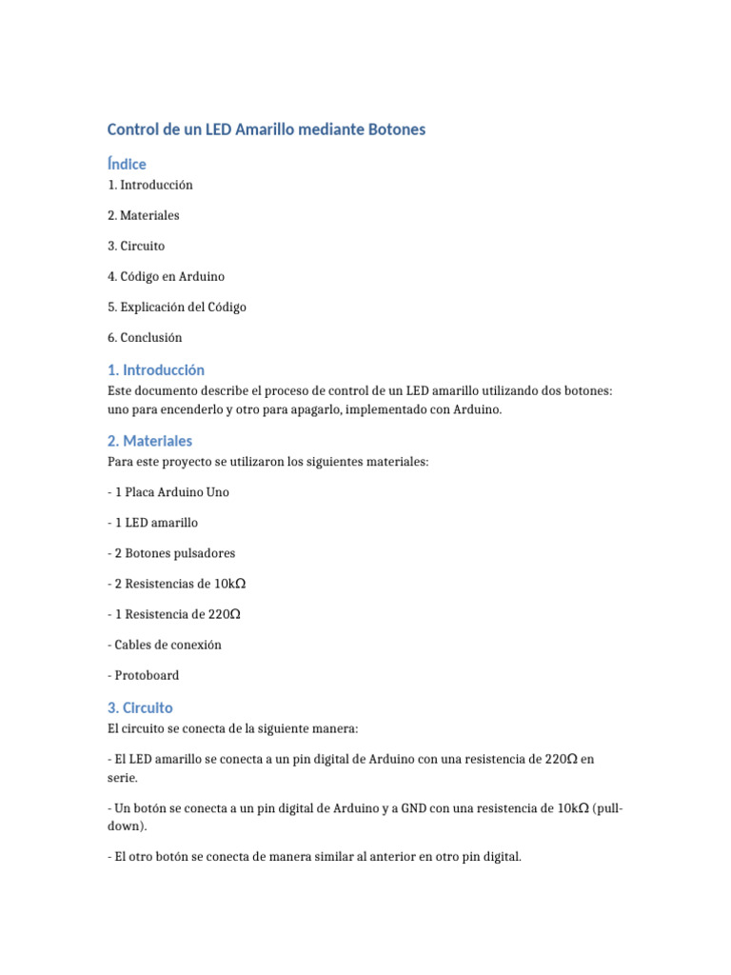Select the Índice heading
127,164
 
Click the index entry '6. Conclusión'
145,337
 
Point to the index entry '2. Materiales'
144,215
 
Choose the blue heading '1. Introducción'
156,369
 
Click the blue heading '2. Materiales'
149,441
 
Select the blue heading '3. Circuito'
140,707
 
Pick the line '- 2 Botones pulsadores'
171,553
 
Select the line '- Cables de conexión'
165,645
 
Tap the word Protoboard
147,675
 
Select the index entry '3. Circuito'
136,246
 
